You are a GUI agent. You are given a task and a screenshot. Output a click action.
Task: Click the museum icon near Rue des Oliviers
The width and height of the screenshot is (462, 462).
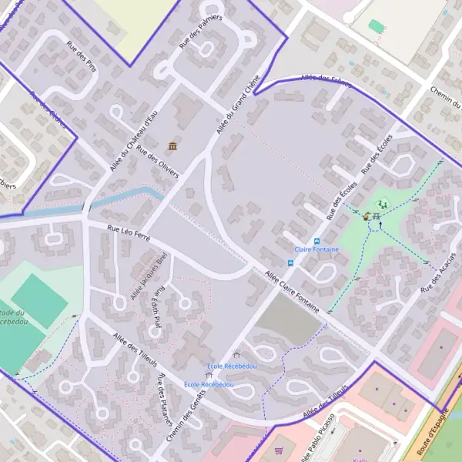point(172,146)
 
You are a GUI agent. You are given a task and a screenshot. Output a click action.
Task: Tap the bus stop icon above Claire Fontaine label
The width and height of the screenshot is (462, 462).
point(316,240)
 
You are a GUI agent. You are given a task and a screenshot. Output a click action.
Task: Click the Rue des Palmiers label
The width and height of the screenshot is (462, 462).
point(200,32)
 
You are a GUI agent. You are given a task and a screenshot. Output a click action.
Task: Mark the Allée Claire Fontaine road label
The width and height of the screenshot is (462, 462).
point(292,290)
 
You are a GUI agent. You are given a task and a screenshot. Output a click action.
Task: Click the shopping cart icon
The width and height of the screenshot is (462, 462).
point(279,449)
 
